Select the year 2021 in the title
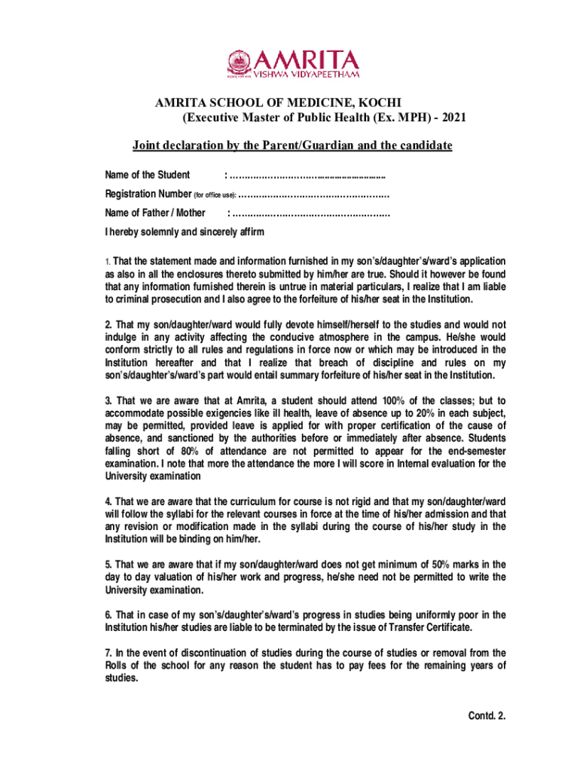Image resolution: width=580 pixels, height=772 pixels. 459,118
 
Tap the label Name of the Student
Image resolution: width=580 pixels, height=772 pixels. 148,175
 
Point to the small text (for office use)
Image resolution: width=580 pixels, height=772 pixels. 220,195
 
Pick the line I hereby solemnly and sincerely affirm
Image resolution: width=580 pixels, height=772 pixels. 185,231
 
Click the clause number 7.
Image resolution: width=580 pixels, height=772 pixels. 109,652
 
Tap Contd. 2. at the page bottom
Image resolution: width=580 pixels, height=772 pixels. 487,716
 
